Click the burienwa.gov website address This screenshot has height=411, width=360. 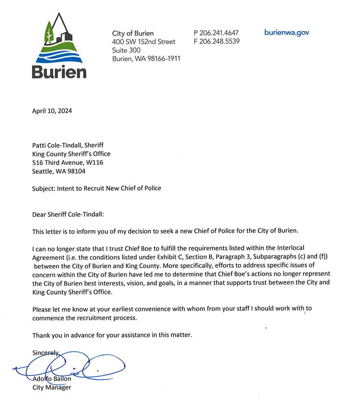point(287,33)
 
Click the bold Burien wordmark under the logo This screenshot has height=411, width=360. point(59,71)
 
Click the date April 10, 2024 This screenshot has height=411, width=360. point(52,110)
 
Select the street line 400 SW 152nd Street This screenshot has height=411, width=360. point(144,42)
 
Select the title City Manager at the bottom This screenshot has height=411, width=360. point(52,388)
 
